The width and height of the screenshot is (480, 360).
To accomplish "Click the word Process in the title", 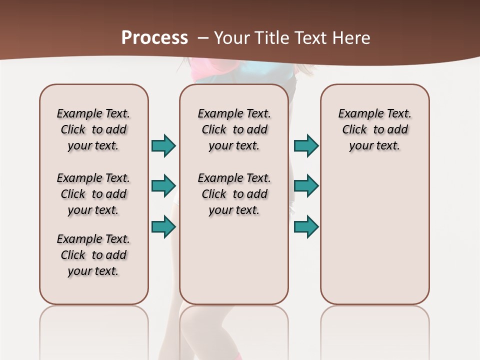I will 154,37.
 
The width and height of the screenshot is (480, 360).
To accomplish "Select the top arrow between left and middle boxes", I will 163,145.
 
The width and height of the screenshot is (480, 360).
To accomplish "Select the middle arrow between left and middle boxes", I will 163,185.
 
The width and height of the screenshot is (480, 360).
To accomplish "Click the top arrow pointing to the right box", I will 306,145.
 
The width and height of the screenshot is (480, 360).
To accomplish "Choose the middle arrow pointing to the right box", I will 306,185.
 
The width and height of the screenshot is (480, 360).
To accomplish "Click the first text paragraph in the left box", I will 93,129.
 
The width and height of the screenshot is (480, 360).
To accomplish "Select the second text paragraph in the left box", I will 93,194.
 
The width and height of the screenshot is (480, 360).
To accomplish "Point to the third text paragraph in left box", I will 93,255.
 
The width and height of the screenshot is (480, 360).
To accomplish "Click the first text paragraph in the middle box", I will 234,129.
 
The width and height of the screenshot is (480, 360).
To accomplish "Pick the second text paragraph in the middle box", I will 234,194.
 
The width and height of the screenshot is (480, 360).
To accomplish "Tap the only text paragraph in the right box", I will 374,129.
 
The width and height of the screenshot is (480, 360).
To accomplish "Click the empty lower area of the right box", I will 374,240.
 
